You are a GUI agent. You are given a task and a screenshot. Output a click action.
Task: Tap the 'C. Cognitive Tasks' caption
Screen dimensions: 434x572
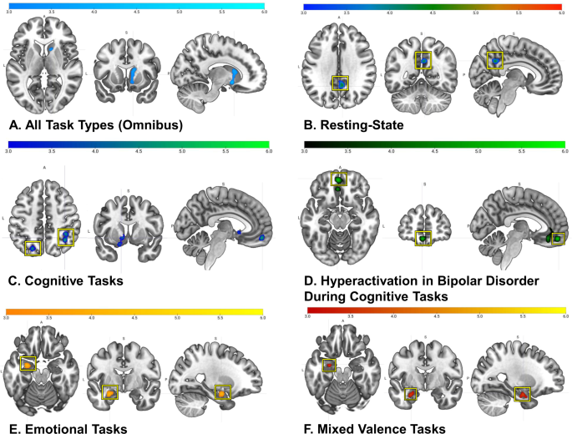[x=65, y=280]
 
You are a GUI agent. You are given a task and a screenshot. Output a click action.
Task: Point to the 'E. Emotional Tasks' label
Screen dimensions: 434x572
[x=67, y=428]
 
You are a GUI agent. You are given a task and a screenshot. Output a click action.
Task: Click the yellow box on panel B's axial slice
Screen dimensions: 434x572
[x=340, y=83]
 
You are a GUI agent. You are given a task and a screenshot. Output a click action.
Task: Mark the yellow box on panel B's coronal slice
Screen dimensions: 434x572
[x=423, y=60]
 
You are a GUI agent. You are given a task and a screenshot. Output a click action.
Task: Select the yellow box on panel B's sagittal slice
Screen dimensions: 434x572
[x=496, y=59]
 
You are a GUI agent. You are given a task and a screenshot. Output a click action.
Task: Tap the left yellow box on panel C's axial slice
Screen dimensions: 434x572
[x=33, y=248]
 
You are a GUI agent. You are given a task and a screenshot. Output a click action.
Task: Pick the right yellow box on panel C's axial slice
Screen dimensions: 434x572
[x=65, y=239]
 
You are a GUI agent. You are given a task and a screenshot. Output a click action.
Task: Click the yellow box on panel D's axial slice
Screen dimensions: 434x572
[x=339, y=179]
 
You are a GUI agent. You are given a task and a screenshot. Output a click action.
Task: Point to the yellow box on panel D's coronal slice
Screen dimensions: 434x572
[x=423, y=239]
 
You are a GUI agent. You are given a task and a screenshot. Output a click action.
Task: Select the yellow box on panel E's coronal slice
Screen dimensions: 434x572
[x=109, y=391]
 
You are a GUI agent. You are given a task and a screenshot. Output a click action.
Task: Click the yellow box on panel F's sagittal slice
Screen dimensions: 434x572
[x=523, y=393]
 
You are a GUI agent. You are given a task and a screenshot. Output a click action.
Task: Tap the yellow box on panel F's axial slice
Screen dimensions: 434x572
[x=330, y=364]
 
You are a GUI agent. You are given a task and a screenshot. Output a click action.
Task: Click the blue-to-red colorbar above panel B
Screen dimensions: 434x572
[x=433, y=6]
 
